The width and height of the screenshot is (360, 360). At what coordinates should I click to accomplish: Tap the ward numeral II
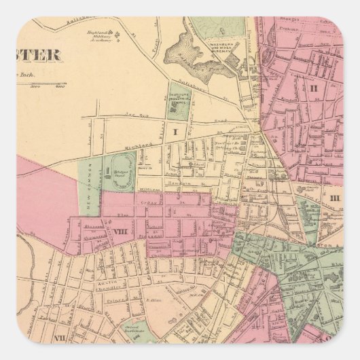click(x=314, y=88)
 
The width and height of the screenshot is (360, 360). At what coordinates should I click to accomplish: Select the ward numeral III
click(x=335, y=197)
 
